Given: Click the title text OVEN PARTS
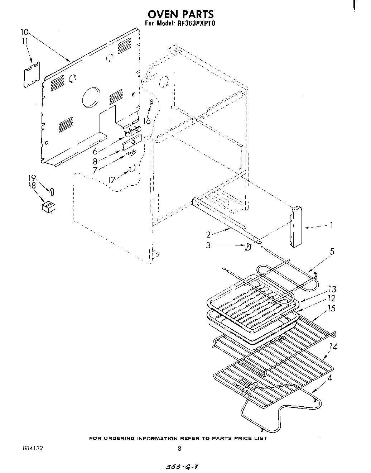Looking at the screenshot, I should (180, 14).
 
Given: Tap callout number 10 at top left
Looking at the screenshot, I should (24, 31).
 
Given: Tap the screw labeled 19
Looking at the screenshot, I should (52, 192).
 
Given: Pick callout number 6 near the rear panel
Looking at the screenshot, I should (95, 151).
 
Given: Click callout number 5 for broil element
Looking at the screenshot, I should (332, 252).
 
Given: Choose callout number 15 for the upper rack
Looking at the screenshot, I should (332, 308).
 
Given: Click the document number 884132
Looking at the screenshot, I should (32, 448).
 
